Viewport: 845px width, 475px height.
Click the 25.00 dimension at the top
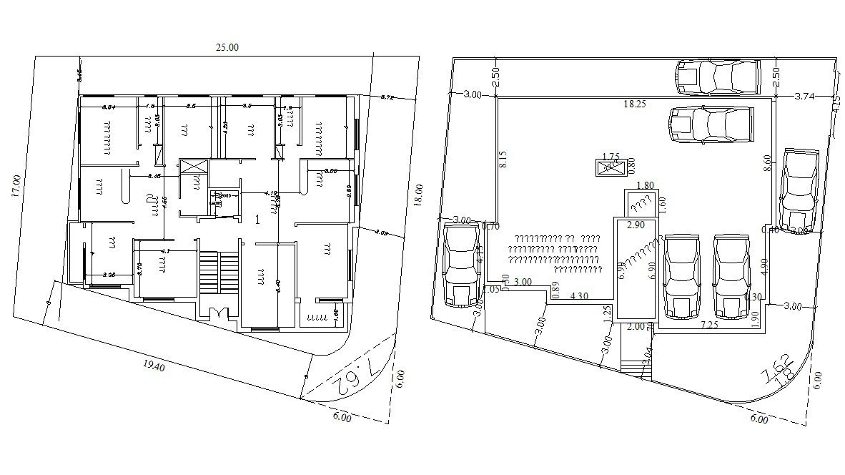pyautogui.click(x=227, y=47)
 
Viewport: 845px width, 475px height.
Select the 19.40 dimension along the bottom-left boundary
pyautogui.click(x=154, y=367)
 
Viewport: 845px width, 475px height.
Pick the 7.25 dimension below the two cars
pyautogui.click(x=709, y=325)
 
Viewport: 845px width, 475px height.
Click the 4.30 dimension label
pyautogui.click(x=580, y=295)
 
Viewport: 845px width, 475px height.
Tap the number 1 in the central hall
pyautogui.click(x=257, y=220)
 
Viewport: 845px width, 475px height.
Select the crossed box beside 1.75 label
pyautogui.click(x=609, y=168)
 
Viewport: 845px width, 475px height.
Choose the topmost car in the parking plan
pyautogui.click(x=717, y=76)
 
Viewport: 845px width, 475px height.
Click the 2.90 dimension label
pyautogui.click(x=634, y=225)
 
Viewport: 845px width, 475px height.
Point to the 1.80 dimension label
pyautogui.click(x=644, y=185)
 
